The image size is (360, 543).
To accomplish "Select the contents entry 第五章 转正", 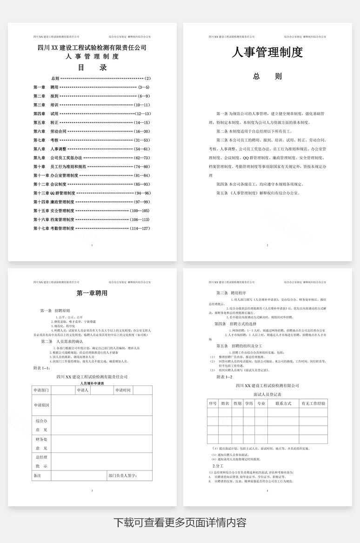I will point(46,122).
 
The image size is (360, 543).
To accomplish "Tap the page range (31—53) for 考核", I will point(141,140).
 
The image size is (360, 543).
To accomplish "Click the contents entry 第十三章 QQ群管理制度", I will point(54,193).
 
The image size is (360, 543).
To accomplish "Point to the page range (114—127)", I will point(140,228).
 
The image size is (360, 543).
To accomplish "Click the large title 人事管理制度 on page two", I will point(267,53).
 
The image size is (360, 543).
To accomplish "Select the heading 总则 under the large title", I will point(267,77).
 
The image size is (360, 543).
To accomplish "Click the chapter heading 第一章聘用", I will point(92,293).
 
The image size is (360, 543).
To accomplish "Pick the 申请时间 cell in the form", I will point(123,390).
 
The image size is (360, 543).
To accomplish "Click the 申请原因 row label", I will point(41,405).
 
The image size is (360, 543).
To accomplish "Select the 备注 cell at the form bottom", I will point(37,476).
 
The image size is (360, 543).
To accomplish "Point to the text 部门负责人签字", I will point(123,476).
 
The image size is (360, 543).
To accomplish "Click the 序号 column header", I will point(213,403).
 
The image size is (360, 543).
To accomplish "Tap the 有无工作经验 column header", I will point(313,403).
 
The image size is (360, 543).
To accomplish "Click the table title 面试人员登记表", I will point(267,394).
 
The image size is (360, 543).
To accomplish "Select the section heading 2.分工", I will point(218,465).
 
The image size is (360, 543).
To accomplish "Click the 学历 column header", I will point(249,403).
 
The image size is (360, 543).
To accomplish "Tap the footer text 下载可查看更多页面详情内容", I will point(180,522).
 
